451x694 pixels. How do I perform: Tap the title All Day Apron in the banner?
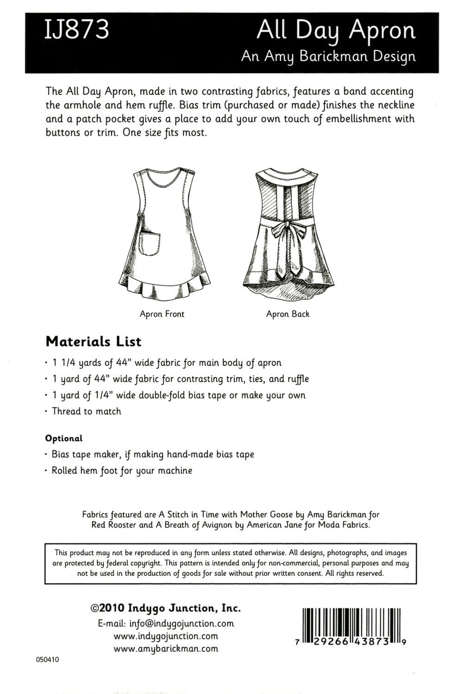(x=336, y=31)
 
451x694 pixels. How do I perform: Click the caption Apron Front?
(x=162, y=314)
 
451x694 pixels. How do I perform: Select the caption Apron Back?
(x=288, y=314)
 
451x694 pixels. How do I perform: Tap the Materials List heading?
(x=93, y=342)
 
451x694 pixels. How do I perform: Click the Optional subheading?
(x=63, y=438)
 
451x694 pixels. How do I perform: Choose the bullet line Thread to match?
(x=86, y=411)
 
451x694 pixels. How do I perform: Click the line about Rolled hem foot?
(x=121, y=471)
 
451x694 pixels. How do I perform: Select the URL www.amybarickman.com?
(x=166, y=648)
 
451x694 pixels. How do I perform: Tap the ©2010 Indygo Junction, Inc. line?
(x=165, y=608)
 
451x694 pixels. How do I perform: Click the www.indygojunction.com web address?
(x=166, y=636)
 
